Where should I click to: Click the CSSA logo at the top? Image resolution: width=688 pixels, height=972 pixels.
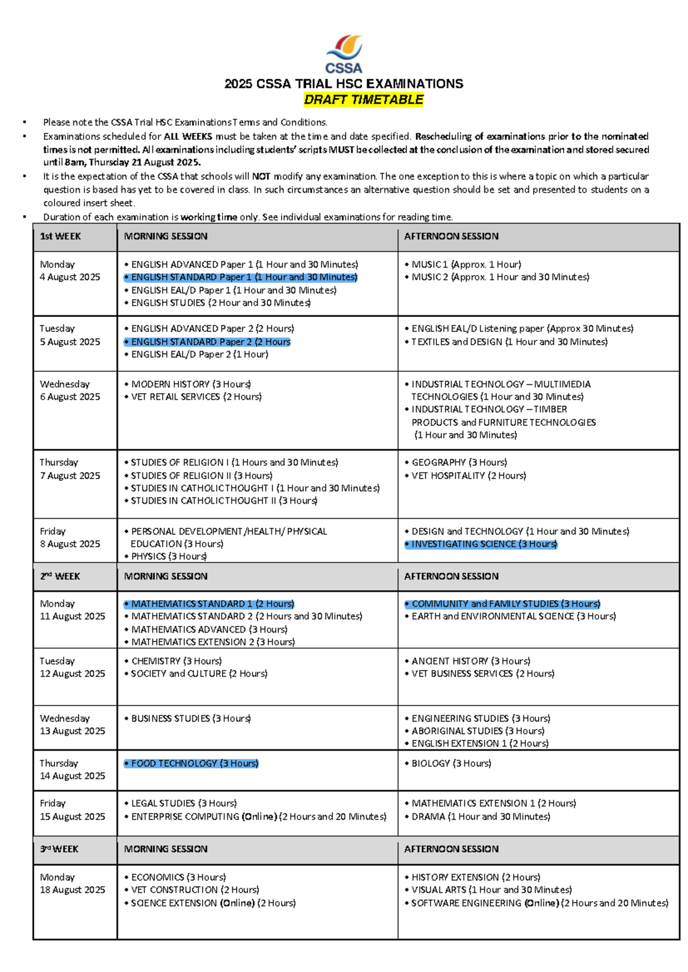(344, 54)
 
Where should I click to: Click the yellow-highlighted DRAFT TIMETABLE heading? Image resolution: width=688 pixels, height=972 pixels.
(363, 100)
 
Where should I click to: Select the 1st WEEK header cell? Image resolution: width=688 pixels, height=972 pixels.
(61, 236)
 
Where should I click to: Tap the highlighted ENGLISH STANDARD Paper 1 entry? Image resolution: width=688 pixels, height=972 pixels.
(241, 277)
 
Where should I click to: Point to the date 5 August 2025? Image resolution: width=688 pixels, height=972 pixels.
(70, 342)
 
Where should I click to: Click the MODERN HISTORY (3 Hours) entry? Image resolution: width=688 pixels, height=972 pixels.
(191, 384)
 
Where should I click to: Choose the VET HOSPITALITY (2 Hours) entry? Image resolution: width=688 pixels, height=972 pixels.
(468, 476)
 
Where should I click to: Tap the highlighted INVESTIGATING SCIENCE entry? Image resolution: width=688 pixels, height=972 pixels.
(482, 544)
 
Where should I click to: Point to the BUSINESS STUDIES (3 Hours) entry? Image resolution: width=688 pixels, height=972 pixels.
(191, 718)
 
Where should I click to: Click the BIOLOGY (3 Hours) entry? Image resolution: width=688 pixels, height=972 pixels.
(451, 763)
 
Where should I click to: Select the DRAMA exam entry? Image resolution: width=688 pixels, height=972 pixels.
(480, 817)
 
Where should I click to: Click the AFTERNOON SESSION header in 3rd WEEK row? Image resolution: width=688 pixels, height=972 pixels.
(452, 849)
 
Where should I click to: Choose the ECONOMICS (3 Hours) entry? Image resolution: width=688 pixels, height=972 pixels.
(178, 877)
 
